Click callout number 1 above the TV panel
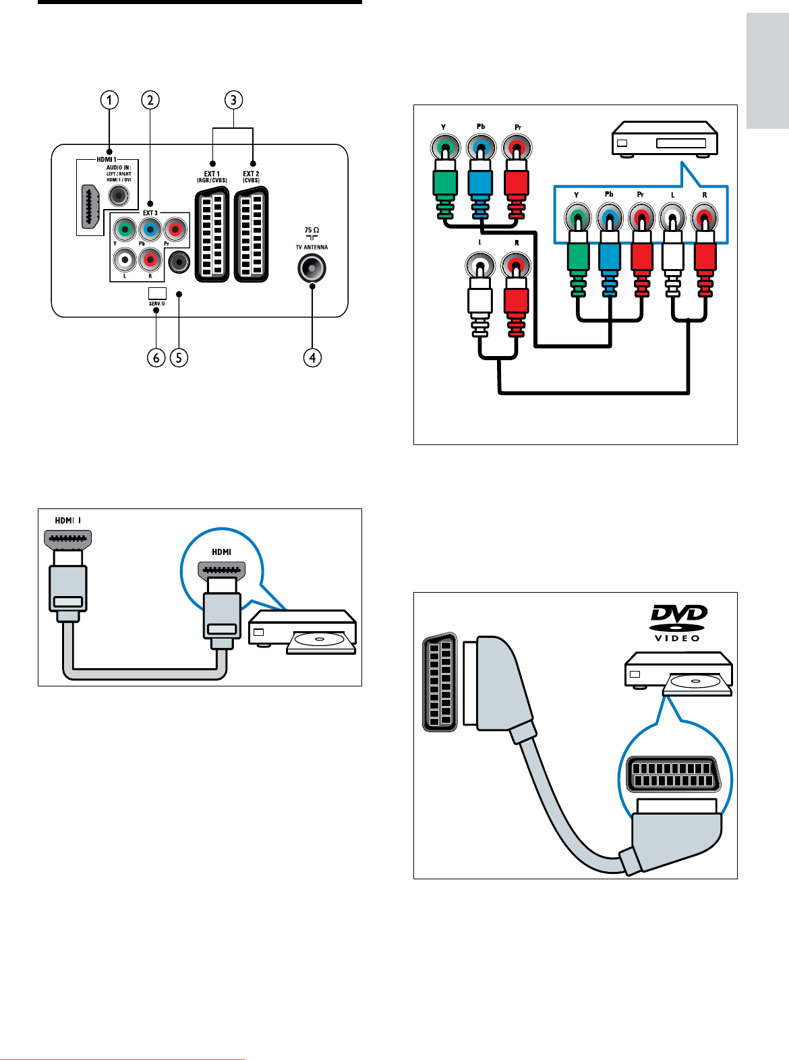tap(109, 100)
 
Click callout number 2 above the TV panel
tap(150, 100)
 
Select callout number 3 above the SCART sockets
tap(233, 100)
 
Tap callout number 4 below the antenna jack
tap(312, 357)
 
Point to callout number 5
tap(179, 357)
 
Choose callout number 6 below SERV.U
tap(156, 357)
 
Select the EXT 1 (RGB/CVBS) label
tap(212, 177)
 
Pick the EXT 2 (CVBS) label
tap(251, 177)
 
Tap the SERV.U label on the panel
tap(156, 304)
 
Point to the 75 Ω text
tap(312, 231)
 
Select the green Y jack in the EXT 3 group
tap(124, 229)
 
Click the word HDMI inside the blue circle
tap(221, 552)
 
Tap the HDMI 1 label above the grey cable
tap(68, 521)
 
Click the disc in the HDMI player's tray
tap(319, 639)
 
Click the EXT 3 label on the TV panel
tap(150, 213)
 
